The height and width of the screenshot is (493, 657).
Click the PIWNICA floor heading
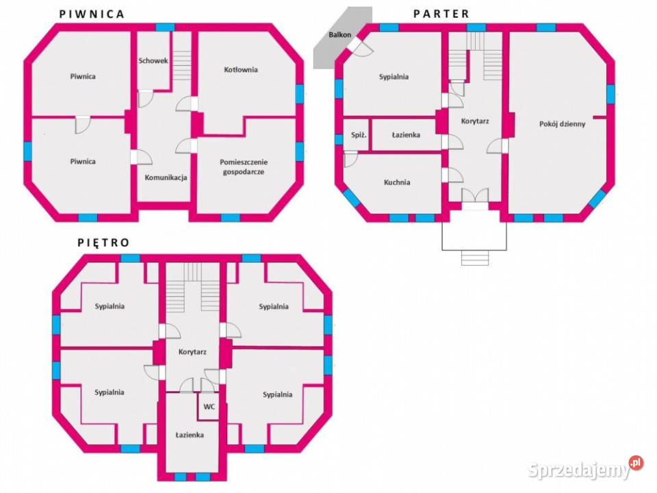point(92,14)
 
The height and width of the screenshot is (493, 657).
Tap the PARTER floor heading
point(441,14)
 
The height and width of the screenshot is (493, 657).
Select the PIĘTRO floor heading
point(103,242)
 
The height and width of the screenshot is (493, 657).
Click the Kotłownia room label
point(240,70)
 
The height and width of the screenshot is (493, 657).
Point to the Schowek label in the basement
point(153,61)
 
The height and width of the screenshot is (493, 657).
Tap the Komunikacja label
point(166,177)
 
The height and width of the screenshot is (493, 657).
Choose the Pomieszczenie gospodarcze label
point(244,167)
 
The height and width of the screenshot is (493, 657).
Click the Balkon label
point(340,35)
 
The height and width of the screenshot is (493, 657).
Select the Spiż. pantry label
point(359,135)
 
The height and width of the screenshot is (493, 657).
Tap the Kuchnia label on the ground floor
point(397,182)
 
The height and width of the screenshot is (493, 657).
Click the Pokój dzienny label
point(563,124)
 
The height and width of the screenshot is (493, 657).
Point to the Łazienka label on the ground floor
point(406,135)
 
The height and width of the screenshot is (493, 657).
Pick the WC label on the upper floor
point(209,407)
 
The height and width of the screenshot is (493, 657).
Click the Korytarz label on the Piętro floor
point(192,352)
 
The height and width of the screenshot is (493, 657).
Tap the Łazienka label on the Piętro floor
point(190,435)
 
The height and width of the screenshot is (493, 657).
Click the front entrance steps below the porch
point(475,258)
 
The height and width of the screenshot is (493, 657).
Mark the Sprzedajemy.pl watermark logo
point(585,468)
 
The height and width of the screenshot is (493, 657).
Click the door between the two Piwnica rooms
point(83,124)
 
